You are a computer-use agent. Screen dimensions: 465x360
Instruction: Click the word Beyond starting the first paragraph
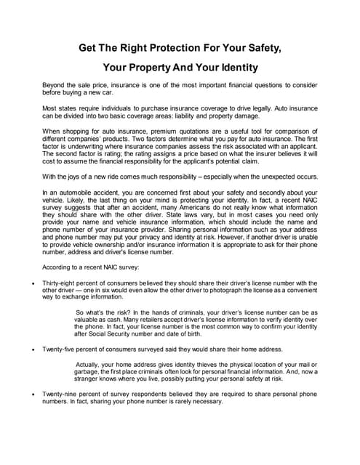coord(55,86)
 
